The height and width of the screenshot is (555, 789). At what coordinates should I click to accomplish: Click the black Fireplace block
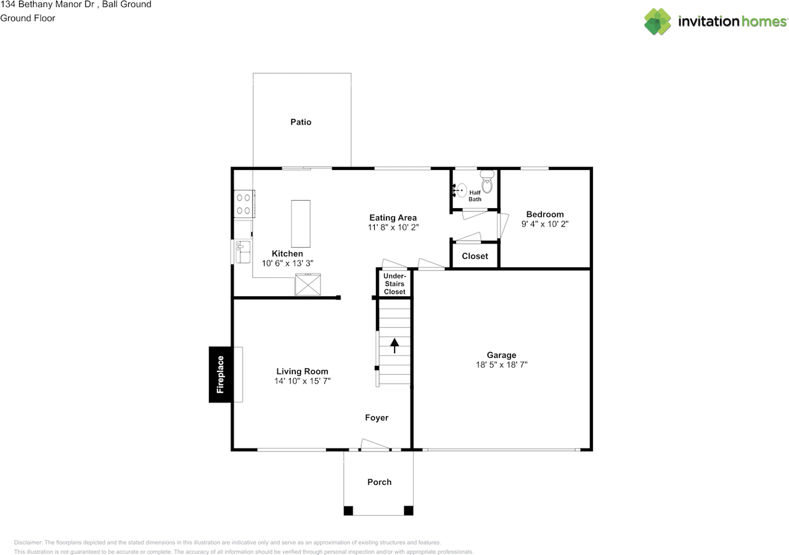(221, 375)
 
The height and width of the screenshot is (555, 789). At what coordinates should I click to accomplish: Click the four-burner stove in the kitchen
(243, 204)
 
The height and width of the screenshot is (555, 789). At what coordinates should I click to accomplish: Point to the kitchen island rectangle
(301, 224)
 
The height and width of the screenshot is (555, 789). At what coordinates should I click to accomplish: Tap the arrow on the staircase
(394, 345)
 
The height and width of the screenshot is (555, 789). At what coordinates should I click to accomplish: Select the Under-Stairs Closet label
(394, 284)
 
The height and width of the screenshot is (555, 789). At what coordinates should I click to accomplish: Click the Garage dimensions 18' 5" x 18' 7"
(502, 365)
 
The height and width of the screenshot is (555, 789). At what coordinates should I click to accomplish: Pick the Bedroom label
(544, 214)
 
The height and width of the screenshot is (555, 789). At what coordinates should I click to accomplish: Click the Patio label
(301, 122)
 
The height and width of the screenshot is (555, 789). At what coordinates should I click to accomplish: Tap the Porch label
(379, 482)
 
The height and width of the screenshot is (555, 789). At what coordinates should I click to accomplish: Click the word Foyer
(377, 418)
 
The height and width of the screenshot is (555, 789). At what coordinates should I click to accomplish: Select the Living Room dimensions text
(302, 381)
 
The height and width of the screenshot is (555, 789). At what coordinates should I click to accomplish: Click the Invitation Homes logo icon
(658, 22)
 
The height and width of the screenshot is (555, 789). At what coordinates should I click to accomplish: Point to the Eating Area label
(393, 217)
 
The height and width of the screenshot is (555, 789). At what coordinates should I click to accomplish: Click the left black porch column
(348, 510)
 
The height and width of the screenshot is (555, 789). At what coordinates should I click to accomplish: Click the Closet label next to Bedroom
(475, 256)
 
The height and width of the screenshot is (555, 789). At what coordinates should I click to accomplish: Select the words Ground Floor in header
(28, 18)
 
